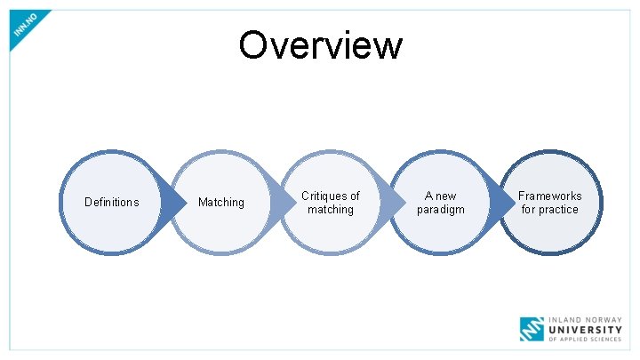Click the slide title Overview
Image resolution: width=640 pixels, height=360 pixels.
320,44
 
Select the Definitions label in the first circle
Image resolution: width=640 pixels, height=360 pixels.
111,203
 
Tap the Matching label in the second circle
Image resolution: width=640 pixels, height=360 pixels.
221,203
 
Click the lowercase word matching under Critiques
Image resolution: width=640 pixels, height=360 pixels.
331,210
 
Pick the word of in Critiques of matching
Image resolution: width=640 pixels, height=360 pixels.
355,196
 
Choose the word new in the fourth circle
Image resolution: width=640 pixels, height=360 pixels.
445,196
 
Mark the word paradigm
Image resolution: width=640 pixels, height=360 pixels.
441,210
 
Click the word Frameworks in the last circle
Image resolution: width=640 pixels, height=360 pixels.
550,196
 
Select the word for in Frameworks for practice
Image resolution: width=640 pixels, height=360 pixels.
529,210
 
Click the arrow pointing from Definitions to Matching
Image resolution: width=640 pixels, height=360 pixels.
172,203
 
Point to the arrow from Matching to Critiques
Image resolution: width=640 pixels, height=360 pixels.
283,203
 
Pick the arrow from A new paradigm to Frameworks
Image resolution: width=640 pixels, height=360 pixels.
502,203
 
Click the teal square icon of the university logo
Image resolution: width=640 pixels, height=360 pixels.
532,329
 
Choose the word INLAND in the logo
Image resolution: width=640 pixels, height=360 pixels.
565,318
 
